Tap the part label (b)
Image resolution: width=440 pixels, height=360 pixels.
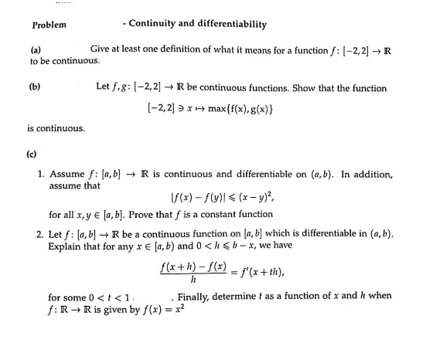click(35, 88)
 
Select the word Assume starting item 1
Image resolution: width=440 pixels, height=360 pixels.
click(67, 175)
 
